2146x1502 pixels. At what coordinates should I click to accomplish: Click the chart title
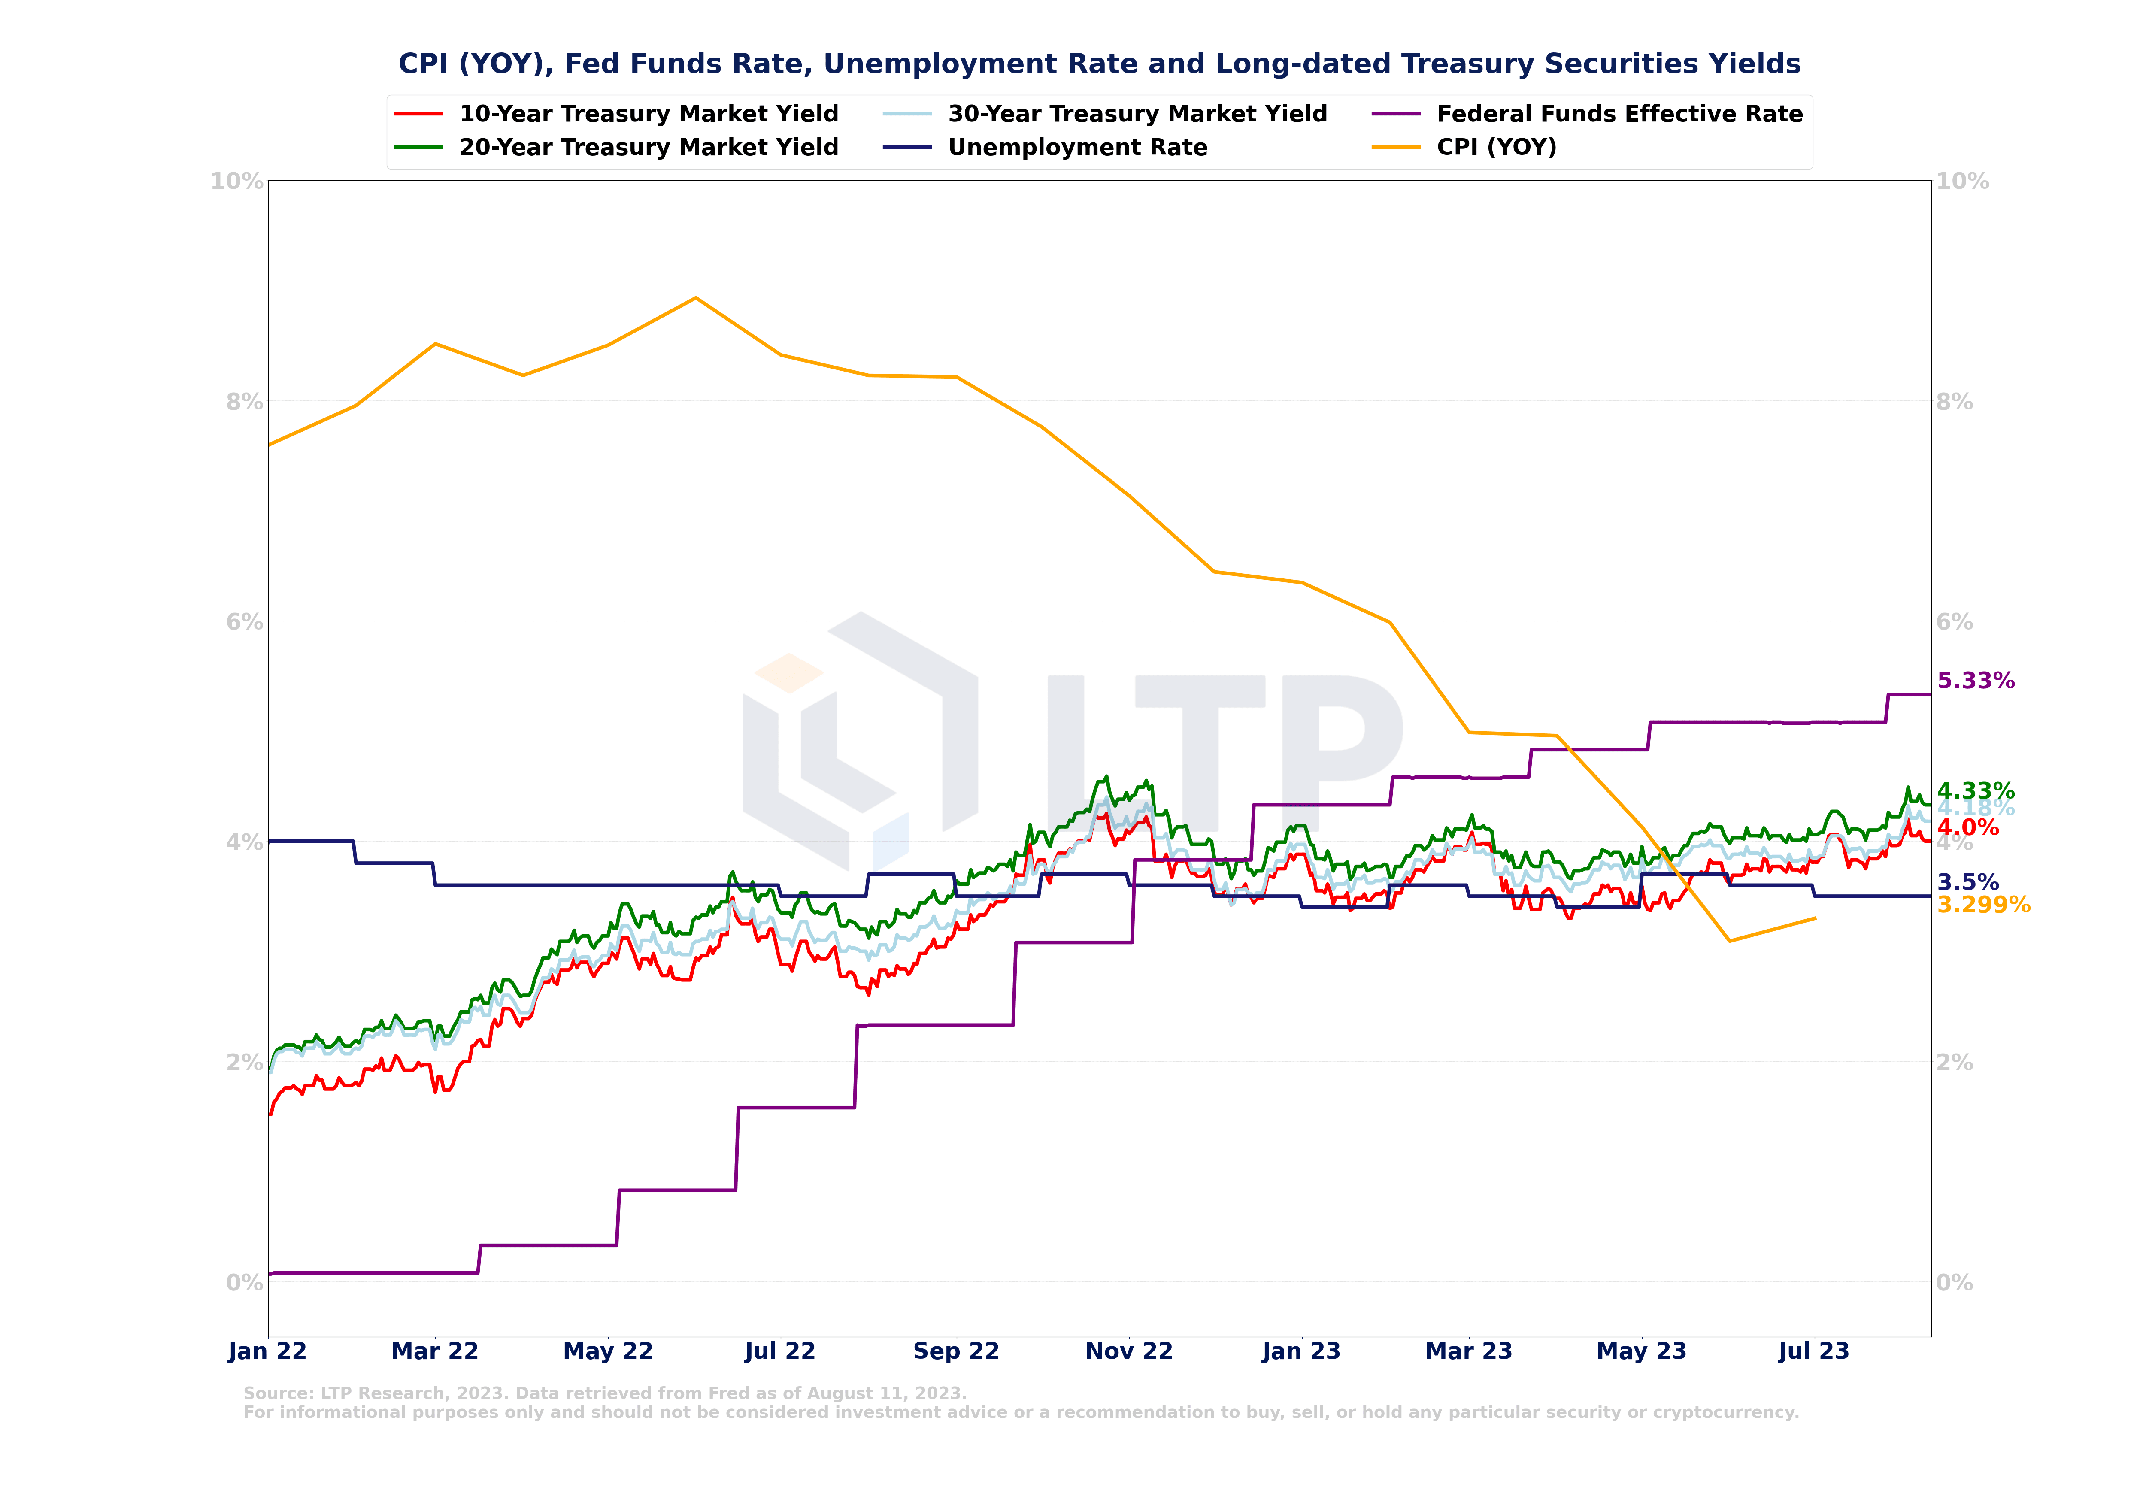pyautogui.click(x=1099, y=64)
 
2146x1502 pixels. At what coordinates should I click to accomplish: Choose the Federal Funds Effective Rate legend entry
pyautogui.click(x=1619, y=114)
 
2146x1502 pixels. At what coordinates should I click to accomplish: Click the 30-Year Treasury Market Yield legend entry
pyautogui.click(x=1137, y=114)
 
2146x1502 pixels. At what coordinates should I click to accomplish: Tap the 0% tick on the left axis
pyautogui.click(x=243, y=1282)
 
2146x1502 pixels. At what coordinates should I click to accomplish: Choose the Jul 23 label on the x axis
pyautogui.click(x=1813, y=1351)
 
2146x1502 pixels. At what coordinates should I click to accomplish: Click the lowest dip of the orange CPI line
pyautogui.click(x=1729, y=941)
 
